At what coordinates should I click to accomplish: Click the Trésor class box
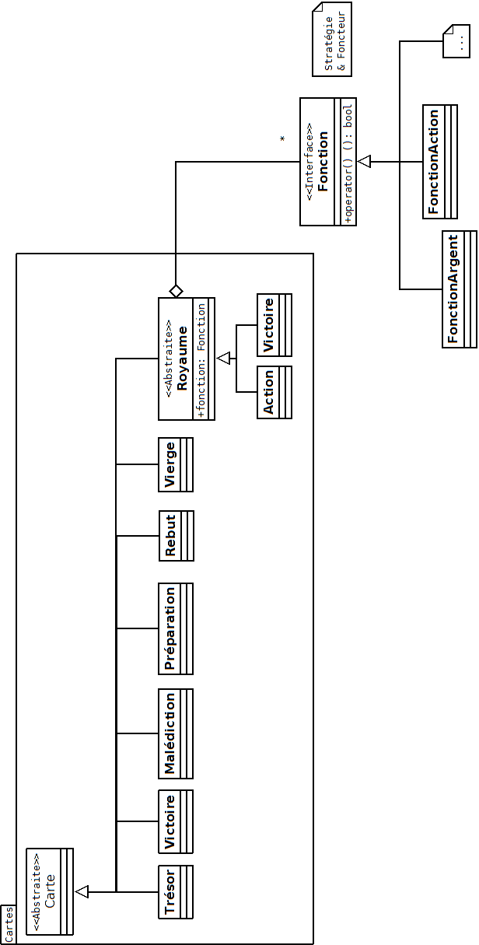point(176,891)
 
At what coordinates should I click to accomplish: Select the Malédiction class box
point(176,733)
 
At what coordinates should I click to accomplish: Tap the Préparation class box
point(176,628)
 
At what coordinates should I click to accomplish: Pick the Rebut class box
point(176,536)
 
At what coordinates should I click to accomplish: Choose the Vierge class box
point(176,464)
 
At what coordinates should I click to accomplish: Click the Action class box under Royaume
point(274,392)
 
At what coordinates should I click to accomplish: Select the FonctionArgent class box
point(459,289)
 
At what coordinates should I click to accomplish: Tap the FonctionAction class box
point(439,162)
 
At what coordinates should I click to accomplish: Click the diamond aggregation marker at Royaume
point(177,290)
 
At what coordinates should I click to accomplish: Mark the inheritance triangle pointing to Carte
point(82,891)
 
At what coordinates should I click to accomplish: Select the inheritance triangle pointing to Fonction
point(365,162)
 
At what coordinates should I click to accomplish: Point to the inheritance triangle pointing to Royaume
point(224,358)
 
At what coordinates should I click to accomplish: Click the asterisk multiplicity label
point(283,139)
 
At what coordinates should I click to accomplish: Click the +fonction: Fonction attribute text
point(201,359)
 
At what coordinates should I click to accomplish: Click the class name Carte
point(50,891)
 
